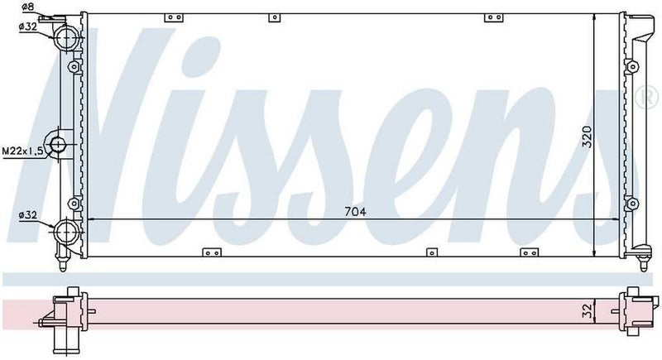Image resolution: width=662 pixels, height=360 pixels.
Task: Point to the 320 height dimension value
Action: click(587, 136)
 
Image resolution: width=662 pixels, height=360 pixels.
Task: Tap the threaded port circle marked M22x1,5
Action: click(58, 146)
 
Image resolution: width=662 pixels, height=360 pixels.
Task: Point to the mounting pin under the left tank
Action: click(65, 264)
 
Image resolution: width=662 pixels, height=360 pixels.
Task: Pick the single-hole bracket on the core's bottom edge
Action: click(430, 252)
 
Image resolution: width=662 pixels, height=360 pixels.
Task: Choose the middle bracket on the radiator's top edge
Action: click(279, 17)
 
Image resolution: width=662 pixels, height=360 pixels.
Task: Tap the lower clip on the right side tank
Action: click(631, 204)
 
